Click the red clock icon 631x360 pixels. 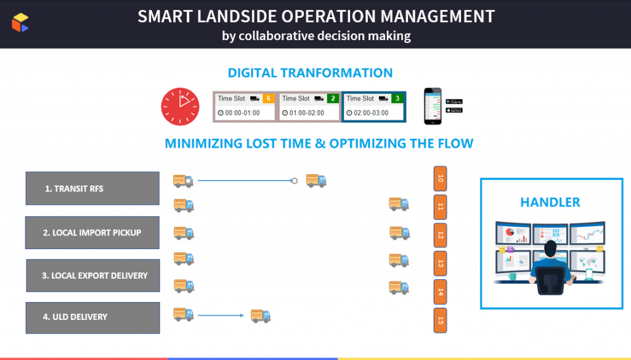(181, 105)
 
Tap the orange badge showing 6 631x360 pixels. (268, 98)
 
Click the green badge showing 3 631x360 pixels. (397, 98)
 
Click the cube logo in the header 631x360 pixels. (20, 23)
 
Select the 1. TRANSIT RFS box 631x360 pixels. (92, 189)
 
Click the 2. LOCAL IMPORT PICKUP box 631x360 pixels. (92, 232)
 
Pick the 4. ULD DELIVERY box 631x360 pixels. (93, 317)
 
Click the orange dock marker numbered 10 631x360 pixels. (440, 179)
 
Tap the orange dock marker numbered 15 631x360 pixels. (440, 321)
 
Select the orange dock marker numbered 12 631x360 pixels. (440, 235)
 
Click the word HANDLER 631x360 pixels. (550, 202)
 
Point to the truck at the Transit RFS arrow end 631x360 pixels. (316, 180)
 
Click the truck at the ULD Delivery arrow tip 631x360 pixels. (261, 316)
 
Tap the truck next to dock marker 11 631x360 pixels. (399, 203)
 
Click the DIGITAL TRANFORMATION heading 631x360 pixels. (310, 73)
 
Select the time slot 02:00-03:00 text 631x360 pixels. (371, 113)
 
